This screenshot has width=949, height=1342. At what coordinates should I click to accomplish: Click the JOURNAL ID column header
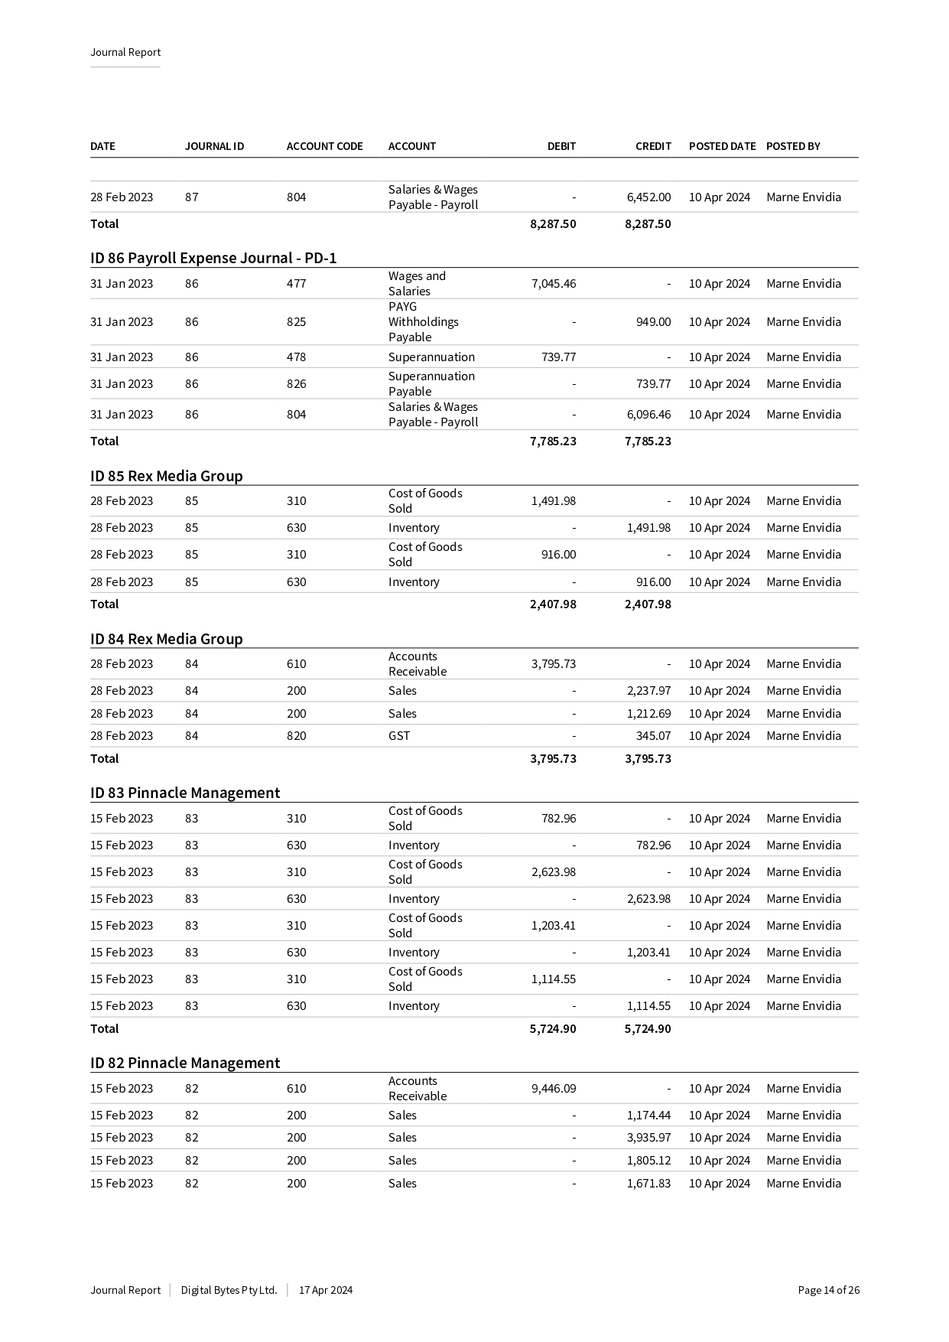pos(214,146)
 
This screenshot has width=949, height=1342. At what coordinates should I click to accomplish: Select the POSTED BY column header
pos(793,146)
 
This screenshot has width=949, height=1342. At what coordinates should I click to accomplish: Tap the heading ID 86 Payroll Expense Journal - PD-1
pos(213,258)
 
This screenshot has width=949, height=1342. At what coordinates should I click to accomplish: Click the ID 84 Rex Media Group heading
pos(166,639)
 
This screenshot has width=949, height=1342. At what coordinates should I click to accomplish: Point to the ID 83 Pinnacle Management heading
pos(185,793)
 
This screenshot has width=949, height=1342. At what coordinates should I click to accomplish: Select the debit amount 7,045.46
pos(554,284)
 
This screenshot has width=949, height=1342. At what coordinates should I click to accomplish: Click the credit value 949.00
pos(653,322)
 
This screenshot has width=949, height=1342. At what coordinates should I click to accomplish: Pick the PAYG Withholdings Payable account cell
pos(423,322)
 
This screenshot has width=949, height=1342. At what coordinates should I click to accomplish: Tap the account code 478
pos(296,357)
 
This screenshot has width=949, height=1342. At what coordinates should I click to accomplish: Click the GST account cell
pos(399,736)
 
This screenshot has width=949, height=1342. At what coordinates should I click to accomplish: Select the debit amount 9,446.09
pos(554,1089)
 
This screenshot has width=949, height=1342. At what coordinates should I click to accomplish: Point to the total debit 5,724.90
pos(553,1029)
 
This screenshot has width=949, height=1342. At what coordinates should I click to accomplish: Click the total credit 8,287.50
pos(648,224)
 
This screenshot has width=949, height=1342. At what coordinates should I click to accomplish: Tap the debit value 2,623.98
pos(554,872)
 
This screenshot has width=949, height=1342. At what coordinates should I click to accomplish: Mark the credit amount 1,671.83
pos(648,1184)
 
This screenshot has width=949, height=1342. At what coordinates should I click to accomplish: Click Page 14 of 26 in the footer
pos(828,1290)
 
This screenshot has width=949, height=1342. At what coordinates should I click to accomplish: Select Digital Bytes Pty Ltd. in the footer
pos(229,1290)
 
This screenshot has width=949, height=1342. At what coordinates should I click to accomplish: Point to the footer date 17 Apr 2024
pos(326,1290)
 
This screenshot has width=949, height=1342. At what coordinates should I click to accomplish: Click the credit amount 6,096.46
pos(648,415)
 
